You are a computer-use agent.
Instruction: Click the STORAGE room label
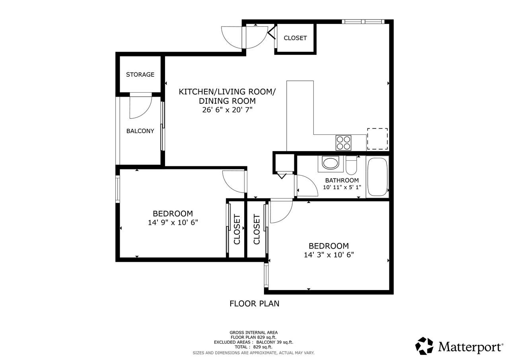140,74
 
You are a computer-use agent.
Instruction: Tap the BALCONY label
140,131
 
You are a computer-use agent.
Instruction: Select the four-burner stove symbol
343,143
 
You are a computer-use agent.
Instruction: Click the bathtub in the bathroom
377,177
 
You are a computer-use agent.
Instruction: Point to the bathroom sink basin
330,163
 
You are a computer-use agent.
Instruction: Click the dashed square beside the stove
377,139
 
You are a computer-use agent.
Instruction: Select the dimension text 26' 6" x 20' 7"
227,110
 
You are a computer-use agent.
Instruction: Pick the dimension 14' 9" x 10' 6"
173,222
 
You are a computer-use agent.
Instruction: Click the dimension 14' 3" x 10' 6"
329,255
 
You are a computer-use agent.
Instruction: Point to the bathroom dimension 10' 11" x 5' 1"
342,187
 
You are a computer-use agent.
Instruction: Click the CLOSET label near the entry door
295,38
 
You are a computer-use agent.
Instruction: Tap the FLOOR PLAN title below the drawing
254,304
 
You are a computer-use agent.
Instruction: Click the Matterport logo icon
424,346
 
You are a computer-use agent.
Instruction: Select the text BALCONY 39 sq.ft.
275,342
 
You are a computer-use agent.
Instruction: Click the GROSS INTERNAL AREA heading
254,333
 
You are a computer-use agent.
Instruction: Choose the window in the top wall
363,21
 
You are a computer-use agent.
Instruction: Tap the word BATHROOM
342,180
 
